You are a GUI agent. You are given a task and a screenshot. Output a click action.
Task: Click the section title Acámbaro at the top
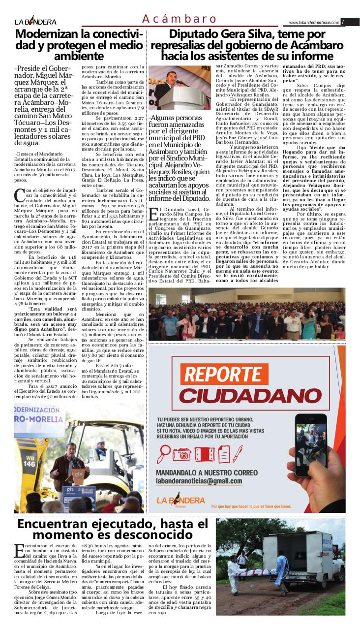(x=180, y=19)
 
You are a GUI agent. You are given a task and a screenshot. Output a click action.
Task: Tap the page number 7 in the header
(x=343, y=22)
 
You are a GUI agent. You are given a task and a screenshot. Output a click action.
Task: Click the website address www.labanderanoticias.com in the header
(x=314, y=23)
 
